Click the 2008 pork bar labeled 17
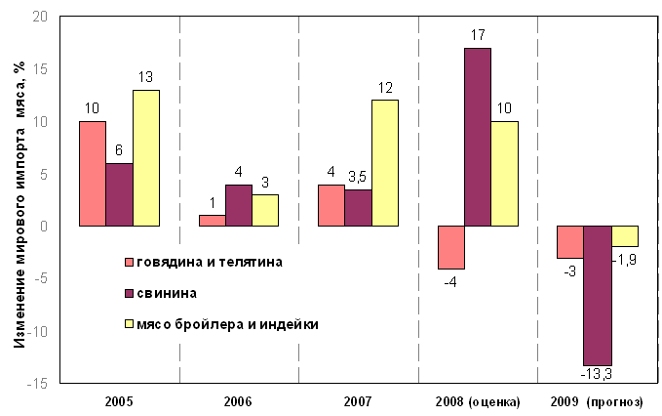tap(478, 137)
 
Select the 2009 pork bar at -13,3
tap(597, 295)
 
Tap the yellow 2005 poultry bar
tap(146, 158)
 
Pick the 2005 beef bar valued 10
tap(93, 174)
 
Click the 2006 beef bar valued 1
tap(212, 221)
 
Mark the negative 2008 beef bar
tap(451, 247)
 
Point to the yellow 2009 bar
tap(624, 236)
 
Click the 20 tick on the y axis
tap(39, 18)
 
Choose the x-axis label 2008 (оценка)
tap(478, 402)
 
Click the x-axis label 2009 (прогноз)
tap(597, 402)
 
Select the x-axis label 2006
tap(238, 402)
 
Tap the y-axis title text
tap(19, 201)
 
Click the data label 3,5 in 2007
tap(358, 178)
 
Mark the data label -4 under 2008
tap(449, 282)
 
